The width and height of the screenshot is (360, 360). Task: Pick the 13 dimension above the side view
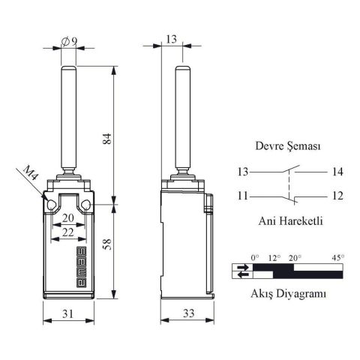pos(172,39)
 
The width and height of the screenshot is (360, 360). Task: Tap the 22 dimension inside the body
pos(67,234)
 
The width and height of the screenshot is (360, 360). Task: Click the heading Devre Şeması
pos(288,147)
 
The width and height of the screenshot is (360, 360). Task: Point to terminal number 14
pos(336,172)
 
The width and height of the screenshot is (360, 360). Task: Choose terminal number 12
pos(336,196)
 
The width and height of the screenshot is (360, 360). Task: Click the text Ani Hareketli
pos(288,221)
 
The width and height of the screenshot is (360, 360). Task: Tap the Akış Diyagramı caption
pos(289,294)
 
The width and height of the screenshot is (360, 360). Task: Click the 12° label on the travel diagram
pos(274,258)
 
